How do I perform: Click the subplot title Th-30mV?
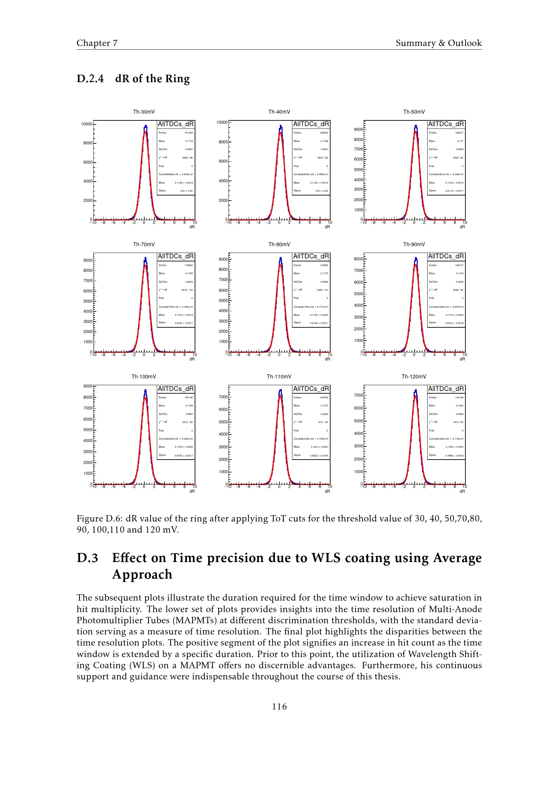[144, 112]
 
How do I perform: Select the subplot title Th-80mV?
[279, 244]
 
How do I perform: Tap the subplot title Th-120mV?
[414, 376]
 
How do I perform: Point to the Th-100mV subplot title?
[144, 376]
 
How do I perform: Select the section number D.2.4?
[90, 79]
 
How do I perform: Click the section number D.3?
[88, 558]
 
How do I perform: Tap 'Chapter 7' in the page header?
[97, 43]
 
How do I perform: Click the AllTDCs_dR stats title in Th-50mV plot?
[446, 124]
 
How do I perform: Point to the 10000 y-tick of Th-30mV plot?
[87, 124]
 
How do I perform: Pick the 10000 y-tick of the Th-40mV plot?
[222, 122]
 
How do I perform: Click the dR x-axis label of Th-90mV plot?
[462, 359]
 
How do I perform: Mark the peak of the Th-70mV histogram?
[145, 258]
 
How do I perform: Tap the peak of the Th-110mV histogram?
[281, 390]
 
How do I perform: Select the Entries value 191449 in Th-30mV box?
[189, 133]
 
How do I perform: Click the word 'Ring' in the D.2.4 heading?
[177, 79]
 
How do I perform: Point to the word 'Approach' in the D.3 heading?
[142, 575]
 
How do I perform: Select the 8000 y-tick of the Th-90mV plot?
[358, 259]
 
